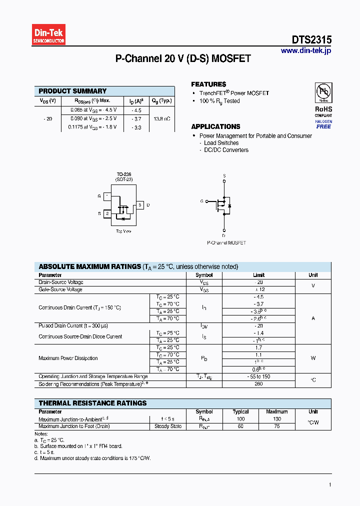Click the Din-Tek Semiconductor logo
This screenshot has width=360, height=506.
click(49, 35)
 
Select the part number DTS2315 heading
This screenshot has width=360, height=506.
click(311, 40)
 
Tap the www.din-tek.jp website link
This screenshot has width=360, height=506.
click(306, 50)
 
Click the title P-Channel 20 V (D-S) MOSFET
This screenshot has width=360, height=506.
click(183, 58)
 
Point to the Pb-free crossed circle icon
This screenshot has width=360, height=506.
click(323, 92)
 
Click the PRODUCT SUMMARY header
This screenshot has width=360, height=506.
click(72, 91)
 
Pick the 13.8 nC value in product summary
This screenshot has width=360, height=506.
click(161, 119)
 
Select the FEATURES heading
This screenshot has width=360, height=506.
click(208, 84)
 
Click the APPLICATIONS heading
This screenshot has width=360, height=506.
click(215, 126)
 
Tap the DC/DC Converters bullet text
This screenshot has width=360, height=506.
click(226, 150)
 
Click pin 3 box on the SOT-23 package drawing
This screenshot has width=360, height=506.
click(140, 205)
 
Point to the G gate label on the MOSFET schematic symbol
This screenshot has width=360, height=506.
click(201, 201)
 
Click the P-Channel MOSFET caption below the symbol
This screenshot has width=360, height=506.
click(226, 242)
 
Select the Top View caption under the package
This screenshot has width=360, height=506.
click(123, 231)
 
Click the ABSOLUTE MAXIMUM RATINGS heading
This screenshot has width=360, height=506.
click(89, 266)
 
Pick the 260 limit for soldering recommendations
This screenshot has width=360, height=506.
click(258, 384)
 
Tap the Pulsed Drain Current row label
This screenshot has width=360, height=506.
click(73, 325)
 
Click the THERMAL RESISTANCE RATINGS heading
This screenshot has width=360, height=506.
click(92, 403)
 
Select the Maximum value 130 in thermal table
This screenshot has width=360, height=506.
click(277, 419)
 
